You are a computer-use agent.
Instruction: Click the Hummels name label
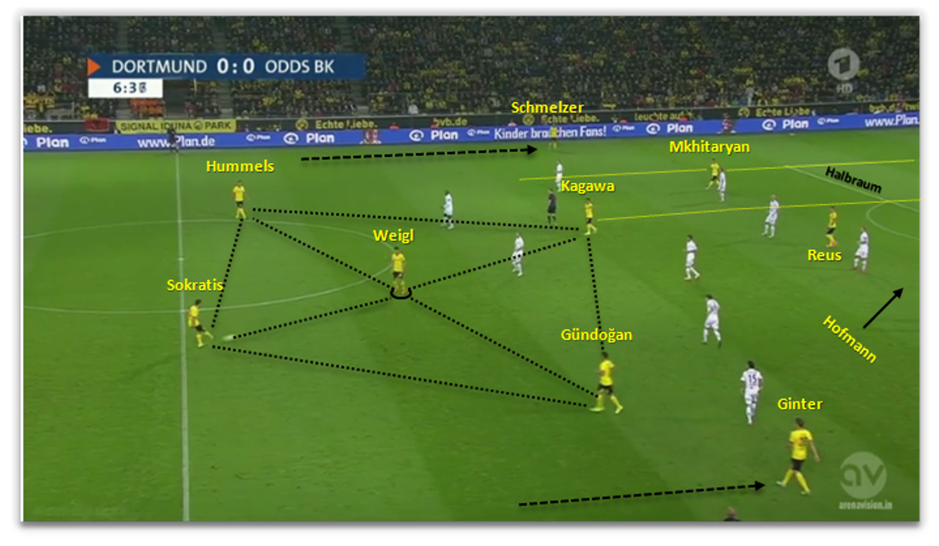point(240,166)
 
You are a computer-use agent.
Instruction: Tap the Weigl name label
point(393,236)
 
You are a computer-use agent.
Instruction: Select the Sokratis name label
point(195,285)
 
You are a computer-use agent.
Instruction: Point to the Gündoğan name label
point(596,335)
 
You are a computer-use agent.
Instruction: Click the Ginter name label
point(800,404)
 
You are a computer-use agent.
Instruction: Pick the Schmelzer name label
point(547,107)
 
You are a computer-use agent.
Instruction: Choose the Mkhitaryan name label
point(709,147)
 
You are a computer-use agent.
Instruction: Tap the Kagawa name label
point(587,187)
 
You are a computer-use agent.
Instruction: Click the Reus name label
point(824,255)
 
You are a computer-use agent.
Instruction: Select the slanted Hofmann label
point(850,339)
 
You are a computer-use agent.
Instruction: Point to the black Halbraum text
point(853,180)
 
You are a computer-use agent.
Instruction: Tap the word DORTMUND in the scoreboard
point(159,67)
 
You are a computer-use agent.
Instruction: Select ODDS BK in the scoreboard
point(299,67)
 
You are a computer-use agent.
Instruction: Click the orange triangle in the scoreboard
point(93,67)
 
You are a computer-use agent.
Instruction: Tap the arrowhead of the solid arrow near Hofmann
point(899,292)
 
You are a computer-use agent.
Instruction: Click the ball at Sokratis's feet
point(228,337)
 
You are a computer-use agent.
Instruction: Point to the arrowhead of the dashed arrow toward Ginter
point(760,485)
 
